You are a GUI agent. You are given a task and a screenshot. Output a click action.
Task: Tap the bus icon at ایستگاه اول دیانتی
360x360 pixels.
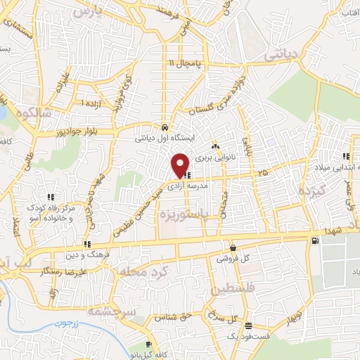click(164, 128)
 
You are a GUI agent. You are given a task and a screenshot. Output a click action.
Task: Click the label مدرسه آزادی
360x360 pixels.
click(188, 186)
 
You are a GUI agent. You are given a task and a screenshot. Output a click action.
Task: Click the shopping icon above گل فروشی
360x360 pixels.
click(233, 247)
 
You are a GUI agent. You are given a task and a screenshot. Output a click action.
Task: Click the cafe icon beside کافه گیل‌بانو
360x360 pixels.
click(148, 345)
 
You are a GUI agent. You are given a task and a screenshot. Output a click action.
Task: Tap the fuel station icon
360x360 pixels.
click(314, 241)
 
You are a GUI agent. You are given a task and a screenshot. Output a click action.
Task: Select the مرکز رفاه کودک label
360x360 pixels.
click(51, 210)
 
